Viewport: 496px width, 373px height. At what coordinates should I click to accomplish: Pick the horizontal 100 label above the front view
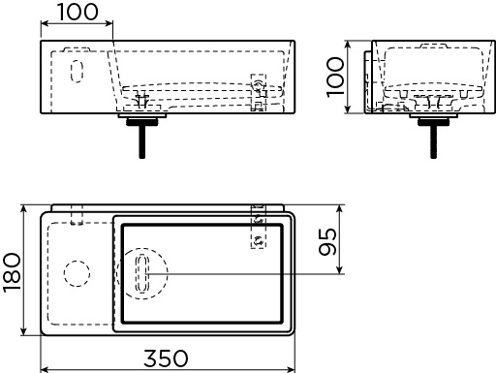click(77, 13)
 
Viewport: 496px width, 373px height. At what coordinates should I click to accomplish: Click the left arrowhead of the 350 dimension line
click(44, 369)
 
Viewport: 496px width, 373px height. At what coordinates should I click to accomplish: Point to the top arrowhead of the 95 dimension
click(339, 209)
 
